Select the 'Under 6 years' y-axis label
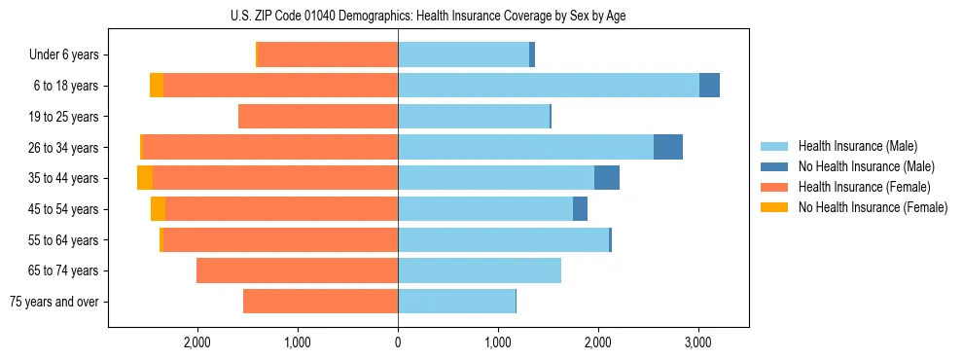click(x=70, y=55)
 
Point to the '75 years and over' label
click(x=54, y=302)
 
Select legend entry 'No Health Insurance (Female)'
click(x=873, y=207)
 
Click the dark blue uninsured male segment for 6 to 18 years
click(x=709, y=86)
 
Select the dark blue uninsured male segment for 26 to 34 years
click(x=667, y=147)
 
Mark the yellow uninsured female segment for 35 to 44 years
click(x=145, y=178)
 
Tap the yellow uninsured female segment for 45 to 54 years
click(x=158, y=209)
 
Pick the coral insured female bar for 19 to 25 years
click(x=318, y=117)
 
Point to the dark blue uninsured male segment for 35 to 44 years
click(x=606, y=178)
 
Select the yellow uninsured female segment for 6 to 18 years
click(x=157, y=86)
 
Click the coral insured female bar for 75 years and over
click(x=320, y=302)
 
